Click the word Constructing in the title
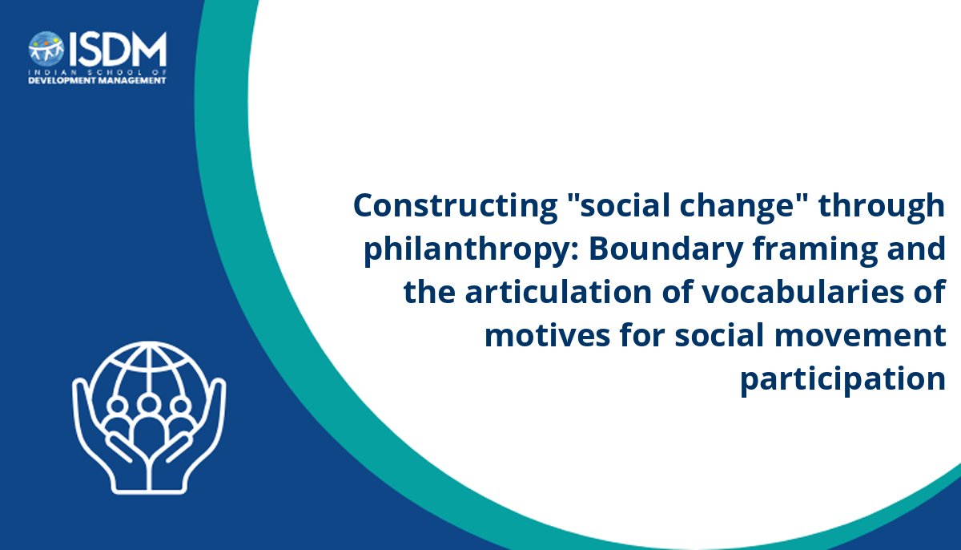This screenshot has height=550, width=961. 455,206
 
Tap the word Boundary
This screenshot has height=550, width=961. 666,249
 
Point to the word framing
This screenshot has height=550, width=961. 815,250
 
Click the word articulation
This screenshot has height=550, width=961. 558,292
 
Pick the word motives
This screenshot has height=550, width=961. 547,336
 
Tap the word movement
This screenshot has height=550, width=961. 860,335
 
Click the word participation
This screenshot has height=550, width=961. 843,380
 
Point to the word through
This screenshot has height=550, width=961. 881,207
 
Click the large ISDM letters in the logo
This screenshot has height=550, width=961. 118,49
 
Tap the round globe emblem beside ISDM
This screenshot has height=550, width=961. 46,48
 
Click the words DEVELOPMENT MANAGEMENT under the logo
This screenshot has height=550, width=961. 98,81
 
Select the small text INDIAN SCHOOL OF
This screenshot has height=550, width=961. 98,72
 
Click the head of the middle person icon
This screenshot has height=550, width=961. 149,404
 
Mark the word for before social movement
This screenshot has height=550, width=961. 642,335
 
